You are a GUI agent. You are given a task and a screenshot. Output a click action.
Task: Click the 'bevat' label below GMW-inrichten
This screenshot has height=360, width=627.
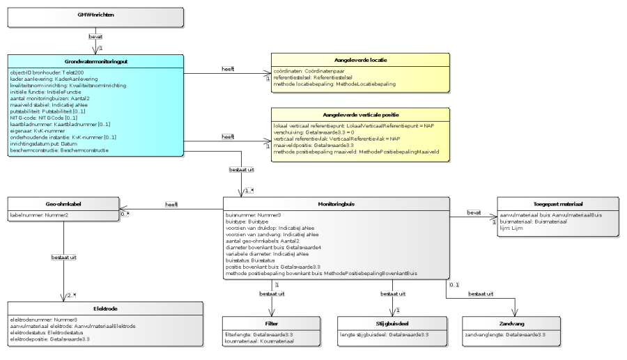tap(95, 36)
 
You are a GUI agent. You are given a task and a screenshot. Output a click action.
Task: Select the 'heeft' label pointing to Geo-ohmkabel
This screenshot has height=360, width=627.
tap(171, 204)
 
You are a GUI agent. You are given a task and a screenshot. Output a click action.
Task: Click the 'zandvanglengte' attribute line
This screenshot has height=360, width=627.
tap(504, 335)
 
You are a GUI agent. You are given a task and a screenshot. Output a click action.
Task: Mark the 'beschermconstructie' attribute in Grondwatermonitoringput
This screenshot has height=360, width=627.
tap(59, 150)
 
